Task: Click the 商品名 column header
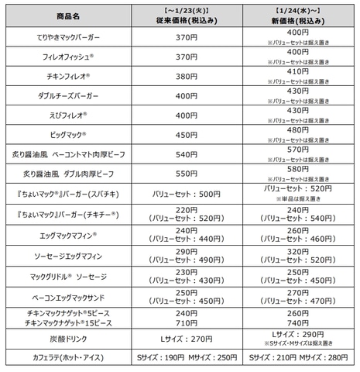72,15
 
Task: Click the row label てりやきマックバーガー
71,37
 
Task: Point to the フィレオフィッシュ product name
70,57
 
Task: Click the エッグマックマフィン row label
70,234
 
